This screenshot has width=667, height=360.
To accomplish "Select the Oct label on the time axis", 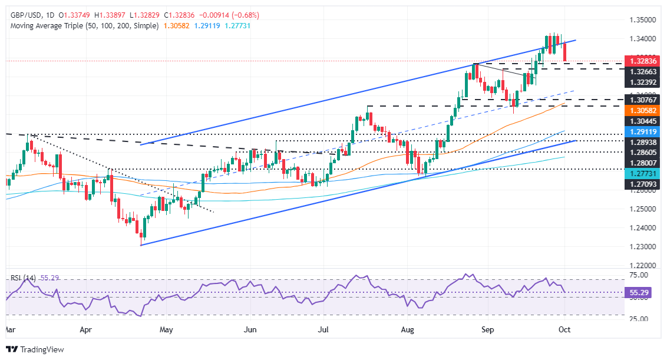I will (564, 328).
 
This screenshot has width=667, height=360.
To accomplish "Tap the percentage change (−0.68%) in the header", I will (245, 15).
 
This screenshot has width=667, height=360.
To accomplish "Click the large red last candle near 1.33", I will (566, 52).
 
